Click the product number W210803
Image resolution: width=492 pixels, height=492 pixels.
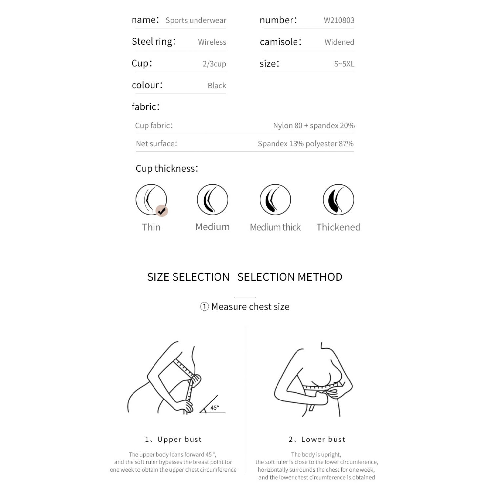(339, 20)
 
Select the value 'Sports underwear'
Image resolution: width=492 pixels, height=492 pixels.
(196, 20)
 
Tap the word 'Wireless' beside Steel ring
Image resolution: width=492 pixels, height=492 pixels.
(212, 42)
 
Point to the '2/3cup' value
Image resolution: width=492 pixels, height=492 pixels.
(214, 64)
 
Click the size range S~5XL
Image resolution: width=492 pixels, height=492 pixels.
(344, 64)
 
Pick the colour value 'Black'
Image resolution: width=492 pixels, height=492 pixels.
(217, 86)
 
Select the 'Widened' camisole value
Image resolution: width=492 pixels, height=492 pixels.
(339, 42)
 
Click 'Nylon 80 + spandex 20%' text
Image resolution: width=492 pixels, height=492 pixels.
(314, 125)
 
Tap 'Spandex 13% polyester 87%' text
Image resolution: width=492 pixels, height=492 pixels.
(305, 144)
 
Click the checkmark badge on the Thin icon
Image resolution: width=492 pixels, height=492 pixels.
(161, 211)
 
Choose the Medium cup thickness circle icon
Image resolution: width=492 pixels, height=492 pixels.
(213, 199)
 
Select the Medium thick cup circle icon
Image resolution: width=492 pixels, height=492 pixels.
(275, 199)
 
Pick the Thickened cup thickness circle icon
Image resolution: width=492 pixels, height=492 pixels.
(338, 199)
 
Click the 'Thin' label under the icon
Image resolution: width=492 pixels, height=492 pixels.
(151, 227)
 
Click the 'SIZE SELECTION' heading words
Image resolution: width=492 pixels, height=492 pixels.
(188, 277)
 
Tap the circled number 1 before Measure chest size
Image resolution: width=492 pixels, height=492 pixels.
(204, 307)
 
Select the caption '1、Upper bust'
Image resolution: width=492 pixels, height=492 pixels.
(173, 439)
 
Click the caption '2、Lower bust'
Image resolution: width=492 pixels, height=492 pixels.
(317, 439)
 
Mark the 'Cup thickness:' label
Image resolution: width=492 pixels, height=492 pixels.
(167, 168)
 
